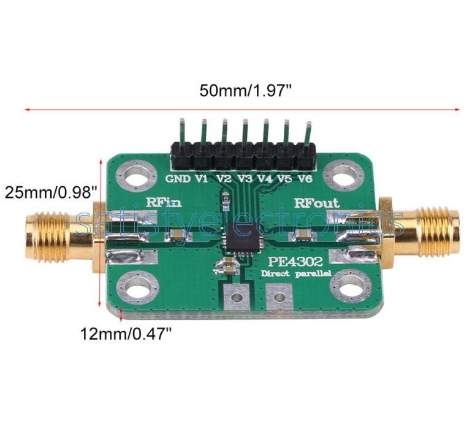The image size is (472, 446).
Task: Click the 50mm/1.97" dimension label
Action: click(x=245, y=91)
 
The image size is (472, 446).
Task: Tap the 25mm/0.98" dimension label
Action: click(x=51, y=192)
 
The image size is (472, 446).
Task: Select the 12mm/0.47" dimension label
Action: click(x=126, y=334)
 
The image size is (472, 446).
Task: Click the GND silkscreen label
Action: click(x=178, y=179)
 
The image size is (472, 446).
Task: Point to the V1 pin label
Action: click(x=202, y=179)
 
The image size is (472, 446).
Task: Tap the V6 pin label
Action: click(x=305, y=179)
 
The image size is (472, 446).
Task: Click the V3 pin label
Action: click(x=245, y=179)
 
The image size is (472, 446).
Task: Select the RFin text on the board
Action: click(x=164, y=202)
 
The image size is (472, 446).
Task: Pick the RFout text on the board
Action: click(x=316, y=203)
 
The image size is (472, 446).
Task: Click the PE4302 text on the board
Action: click(x=295, y=261)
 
